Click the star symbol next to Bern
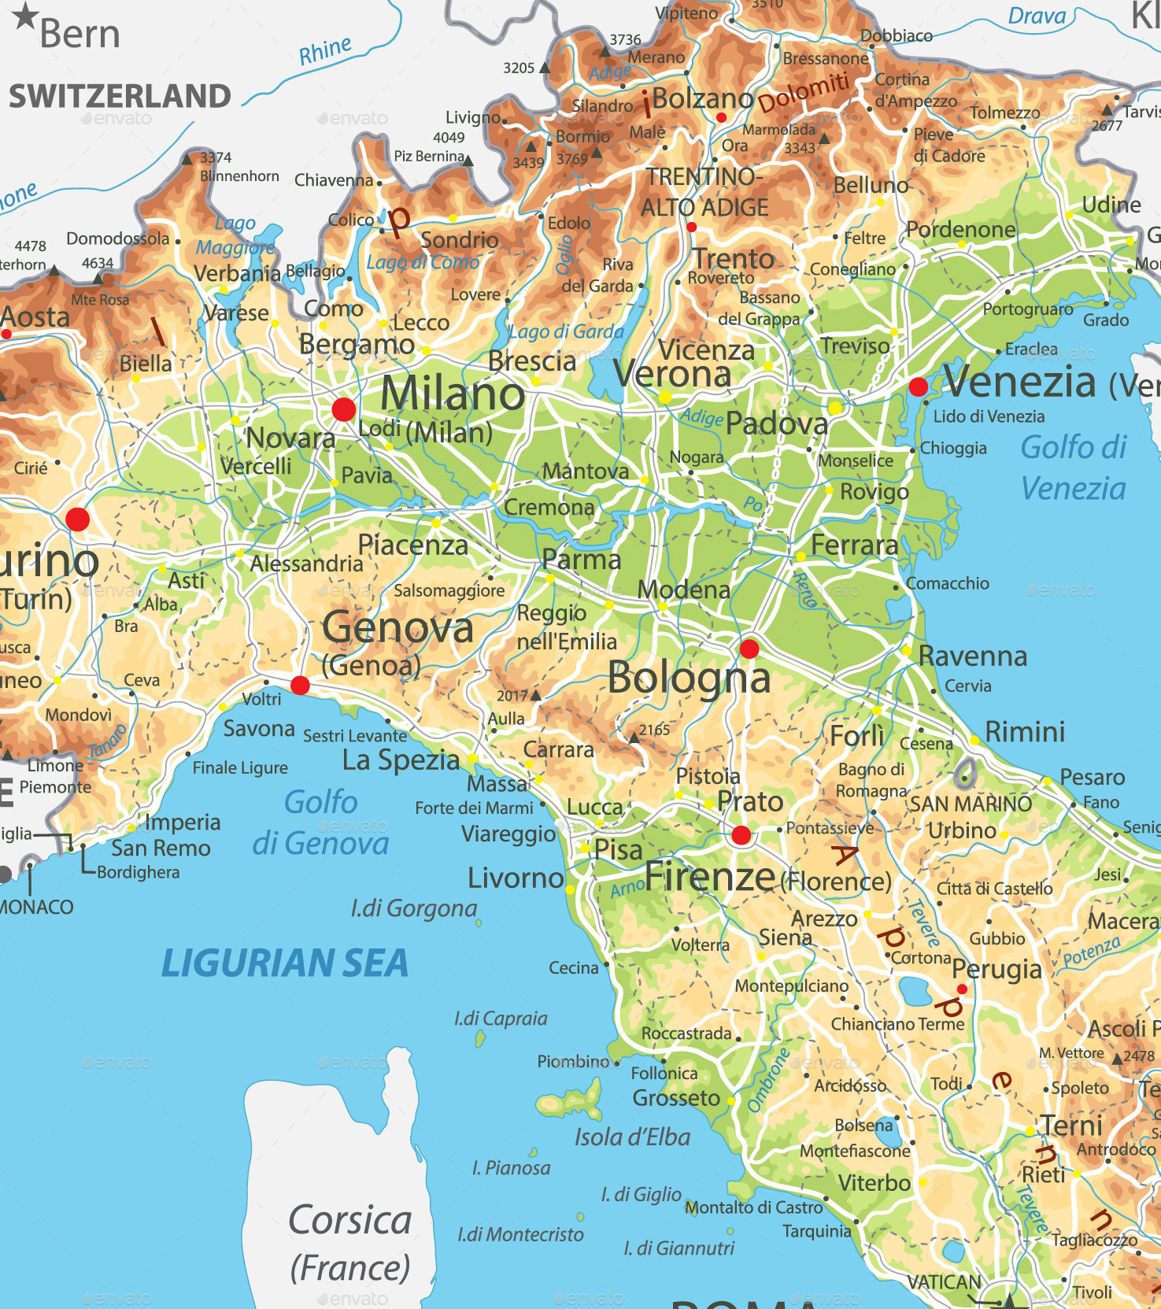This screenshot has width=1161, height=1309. (25, 15)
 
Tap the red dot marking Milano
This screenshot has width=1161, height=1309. (343, 409)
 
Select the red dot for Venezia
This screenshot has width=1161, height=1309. (918, 386)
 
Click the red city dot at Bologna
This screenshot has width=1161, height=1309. (749, 649)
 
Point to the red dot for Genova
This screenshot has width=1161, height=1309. (300, 685)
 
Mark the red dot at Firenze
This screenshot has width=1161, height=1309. (741, 835)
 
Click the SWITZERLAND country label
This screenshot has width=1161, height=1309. (120, 96)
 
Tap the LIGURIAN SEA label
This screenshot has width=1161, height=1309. (284, 963)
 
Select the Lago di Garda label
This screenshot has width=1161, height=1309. (565, 331)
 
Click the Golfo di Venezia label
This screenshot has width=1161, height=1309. (1073, 468)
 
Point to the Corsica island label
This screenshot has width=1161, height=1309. (349, 1220)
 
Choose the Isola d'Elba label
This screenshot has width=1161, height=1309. (631, 1137)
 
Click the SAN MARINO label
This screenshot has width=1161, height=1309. (971, 804)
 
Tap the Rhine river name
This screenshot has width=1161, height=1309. (324, 51)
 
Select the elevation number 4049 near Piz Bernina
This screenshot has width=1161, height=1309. (449, 137)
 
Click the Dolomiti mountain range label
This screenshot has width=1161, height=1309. (803, 92)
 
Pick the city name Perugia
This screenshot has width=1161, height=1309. (996, 969)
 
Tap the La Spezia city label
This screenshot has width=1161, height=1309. (401, 760)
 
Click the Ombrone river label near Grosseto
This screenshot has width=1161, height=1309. (767, 1081)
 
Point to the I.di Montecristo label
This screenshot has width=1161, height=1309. (520, 1234)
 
